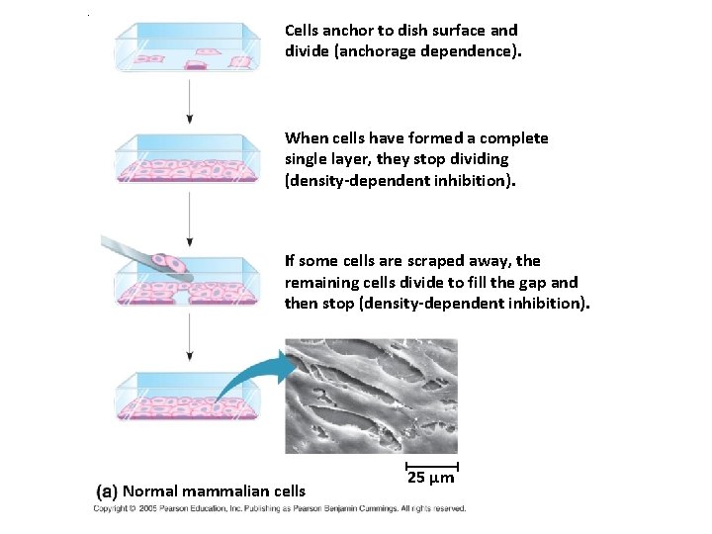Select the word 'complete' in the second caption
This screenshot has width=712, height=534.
(x=514, y=138)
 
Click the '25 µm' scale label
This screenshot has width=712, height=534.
(x=431, y=479)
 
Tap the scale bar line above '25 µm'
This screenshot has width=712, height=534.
(x=431, y=464)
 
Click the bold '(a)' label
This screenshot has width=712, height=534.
(x=107, y=490)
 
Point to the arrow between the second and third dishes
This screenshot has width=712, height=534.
(x=189, y=219)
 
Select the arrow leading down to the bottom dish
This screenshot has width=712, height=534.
(x=189, y=342)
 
